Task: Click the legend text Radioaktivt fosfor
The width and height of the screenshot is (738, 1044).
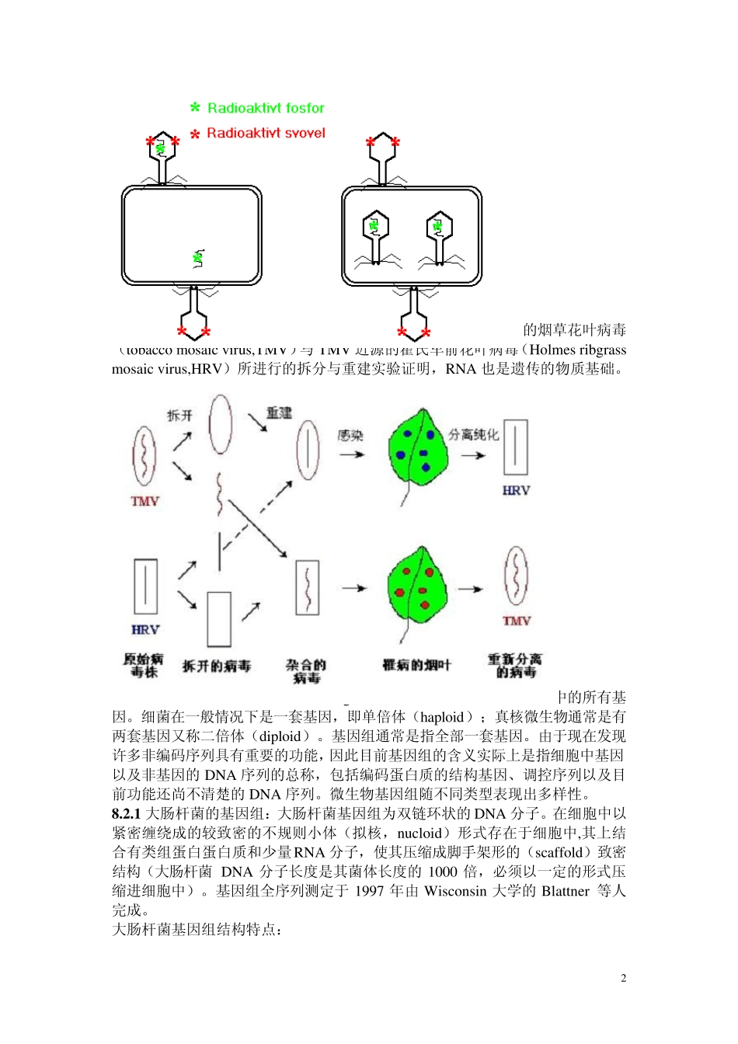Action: click(x=266, y=108)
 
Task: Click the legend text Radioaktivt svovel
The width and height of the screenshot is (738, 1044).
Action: click(x=266, y=133)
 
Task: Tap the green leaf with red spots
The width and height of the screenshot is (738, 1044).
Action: click(x=418, y=586)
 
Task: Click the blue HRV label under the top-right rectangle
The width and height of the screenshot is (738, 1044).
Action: click(x=516, y=490)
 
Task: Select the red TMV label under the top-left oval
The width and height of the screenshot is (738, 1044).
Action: click(x=144, y=501)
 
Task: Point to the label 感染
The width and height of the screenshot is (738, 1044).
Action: click(x=350, y=435)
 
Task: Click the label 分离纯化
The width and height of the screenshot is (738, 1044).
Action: click(x=473, y=434)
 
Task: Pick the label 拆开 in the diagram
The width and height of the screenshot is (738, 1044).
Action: click(x=179, y=416)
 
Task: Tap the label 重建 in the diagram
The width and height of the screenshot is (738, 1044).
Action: click(x=279, y=412)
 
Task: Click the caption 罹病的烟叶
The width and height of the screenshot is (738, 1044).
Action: click(x=416, y=665)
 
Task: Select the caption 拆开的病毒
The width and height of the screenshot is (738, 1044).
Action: click(x=217, y=666)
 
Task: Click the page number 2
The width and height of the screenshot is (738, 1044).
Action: click(x=623, y=978)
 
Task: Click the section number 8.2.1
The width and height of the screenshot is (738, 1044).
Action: click(x=126, y=813)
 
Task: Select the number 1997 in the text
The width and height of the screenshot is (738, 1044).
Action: click(x=370, y=891)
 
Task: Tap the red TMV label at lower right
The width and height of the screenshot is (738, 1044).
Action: click(x=516, y=621)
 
